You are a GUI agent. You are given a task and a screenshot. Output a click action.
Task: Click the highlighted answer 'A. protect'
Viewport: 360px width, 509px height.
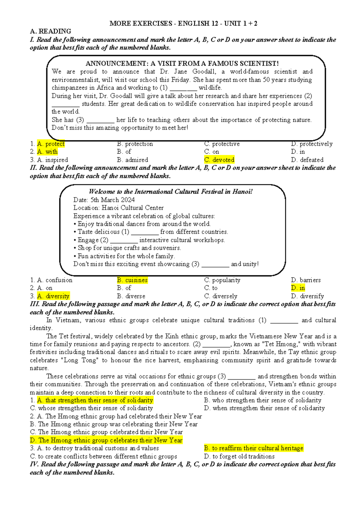51,144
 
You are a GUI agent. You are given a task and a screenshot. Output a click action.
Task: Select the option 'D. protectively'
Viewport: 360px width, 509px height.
312,144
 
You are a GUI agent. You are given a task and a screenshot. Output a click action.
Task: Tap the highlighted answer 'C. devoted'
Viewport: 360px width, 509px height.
219,160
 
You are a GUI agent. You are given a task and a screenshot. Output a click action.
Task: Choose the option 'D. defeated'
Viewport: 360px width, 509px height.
307,160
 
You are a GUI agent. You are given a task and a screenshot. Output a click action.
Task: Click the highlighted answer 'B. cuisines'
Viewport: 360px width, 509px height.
132,280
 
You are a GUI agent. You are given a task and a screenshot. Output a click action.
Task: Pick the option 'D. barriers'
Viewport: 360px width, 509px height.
306,280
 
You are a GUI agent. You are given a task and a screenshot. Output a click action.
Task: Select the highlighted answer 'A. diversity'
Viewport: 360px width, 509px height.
53,296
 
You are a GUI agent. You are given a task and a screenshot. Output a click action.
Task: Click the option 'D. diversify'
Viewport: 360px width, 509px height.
307,296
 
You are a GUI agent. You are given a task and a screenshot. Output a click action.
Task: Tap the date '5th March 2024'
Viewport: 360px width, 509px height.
112,200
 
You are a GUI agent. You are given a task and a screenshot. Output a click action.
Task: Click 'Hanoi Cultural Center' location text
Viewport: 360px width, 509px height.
133,208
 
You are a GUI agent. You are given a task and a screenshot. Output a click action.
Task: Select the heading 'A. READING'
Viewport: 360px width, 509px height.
50,31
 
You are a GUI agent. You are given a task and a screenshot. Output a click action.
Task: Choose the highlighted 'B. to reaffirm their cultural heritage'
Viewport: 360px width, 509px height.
253,448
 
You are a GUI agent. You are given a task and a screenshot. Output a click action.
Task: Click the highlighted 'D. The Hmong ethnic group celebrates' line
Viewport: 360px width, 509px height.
106,440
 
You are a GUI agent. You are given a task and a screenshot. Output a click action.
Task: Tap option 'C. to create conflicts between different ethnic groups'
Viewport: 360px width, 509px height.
103,456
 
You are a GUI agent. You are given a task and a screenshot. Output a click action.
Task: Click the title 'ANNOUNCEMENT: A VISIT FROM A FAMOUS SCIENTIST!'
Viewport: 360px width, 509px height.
182,63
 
